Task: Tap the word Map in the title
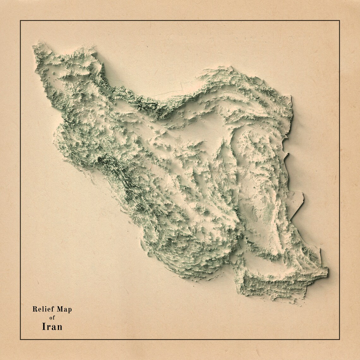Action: tap(64, 309)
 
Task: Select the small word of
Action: tap(52, 318)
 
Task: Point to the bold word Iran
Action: tap(52, 327)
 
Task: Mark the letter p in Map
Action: tap(69, 310)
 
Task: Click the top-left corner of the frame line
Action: tap(21, 21)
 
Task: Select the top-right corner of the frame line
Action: tap(339, 21)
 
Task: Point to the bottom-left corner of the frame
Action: tap(21, 339)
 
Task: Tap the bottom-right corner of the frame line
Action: tap(339, 339)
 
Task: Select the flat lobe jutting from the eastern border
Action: tap(296, 202)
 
